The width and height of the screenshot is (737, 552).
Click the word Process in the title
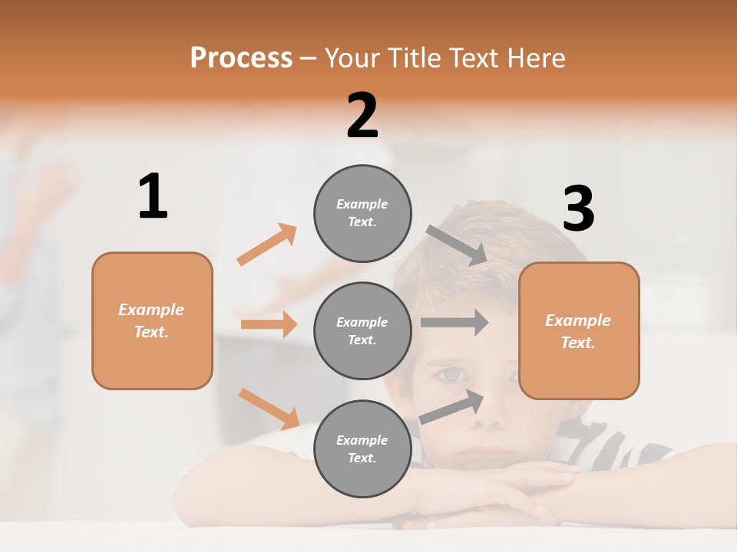pyautogui.click(x=241, y=58)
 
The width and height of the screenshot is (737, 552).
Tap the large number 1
pyautogui.click(x=153, y=197)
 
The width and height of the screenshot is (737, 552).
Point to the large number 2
pyautogui.click(x=362, y=116)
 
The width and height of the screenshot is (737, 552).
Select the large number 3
pyautogui.click(x=578, y=209)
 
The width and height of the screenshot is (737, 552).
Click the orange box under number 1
pyautogui.click(x=152, y=320)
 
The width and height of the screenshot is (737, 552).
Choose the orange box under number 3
pyautogui.click(x=579, y=330)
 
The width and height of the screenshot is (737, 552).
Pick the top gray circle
pyautogui.click(x=362, y=213)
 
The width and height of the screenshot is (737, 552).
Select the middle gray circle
pyautogui.click(x=362, y=330)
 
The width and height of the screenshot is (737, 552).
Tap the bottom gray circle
pyautogui.click(x=362, y=449)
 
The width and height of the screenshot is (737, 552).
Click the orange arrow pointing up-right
pyautogui.click(x=267, y=244)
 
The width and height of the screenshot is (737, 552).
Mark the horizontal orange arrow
pyautogui.click(x=269, y=324)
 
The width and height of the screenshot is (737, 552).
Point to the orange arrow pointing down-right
pyautogui.click(x=269, y=408)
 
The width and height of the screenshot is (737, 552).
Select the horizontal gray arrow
pyautogui.click(x=454, y=322)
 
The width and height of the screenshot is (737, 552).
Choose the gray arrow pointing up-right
pyautogui.click(x=452, y=406)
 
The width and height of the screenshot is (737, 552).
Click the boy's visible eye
pyautogui.click(x=453, y=375)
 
